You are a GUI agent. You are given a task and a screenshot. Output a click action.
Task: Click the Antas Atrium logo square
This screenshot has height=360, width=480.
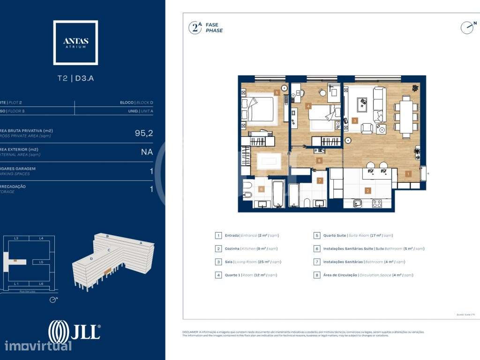(x=75, y=42)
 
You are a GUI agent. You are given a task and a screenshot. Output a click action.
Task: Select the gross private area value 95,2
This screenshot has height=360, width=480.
(x=144, y=133)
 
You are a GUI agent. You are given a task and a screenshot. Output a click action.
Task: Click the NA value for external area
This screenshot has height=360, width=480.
(x=147, y=152)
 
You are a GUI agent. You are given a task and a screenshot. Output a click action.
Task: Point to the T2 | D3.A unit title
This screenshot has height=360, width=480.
(x=75, y=78)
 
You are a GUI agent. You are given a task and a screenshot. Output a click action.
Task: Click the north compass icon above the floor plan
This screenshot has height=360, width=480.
(x=467, y=28)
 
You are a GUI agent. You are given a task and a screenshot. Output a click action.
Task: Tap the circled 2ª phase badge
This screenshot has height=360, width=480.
(x=195, y=28)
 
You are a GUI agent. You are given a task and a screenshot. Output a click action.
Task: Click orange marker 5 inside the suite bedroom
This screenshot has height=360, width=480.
(x=277, y=93)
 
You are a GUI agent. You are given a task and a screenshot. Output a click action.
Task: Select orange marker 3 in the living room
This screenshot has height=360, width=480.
(x=355, y=120)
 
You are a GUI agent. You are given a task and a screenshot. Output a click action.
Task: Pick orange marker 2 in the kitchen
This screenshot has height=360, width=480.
(x=368, y=191)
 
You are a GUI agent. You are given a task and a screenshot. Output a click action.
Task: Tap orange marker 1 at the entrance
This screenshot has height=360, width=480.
(x=408, y=174)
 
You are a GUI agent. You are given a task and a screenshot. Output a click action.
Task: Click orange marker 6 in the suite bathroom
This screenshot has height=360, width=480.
(x=262, y=189)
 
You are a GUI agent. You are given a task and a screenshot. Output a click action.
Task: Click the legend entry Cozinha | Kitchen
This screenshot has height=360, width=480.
(x=247, y=249)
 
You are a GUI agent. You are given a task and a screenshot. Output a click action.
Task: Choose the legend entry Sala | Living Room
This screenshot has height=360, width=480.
(x=247, y=262)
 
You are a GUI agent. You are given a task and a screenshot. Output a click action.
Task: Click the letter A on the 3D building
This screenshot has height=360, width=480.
(x=141, y=243)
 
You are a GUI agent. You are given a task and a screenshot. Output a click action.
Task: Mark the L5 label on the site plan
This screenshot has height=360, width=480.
(x=41, y=262)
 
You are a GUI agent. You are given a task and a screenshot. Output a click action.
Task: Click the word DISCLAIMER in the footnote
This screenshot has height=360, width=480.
(x=191, y=332)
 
